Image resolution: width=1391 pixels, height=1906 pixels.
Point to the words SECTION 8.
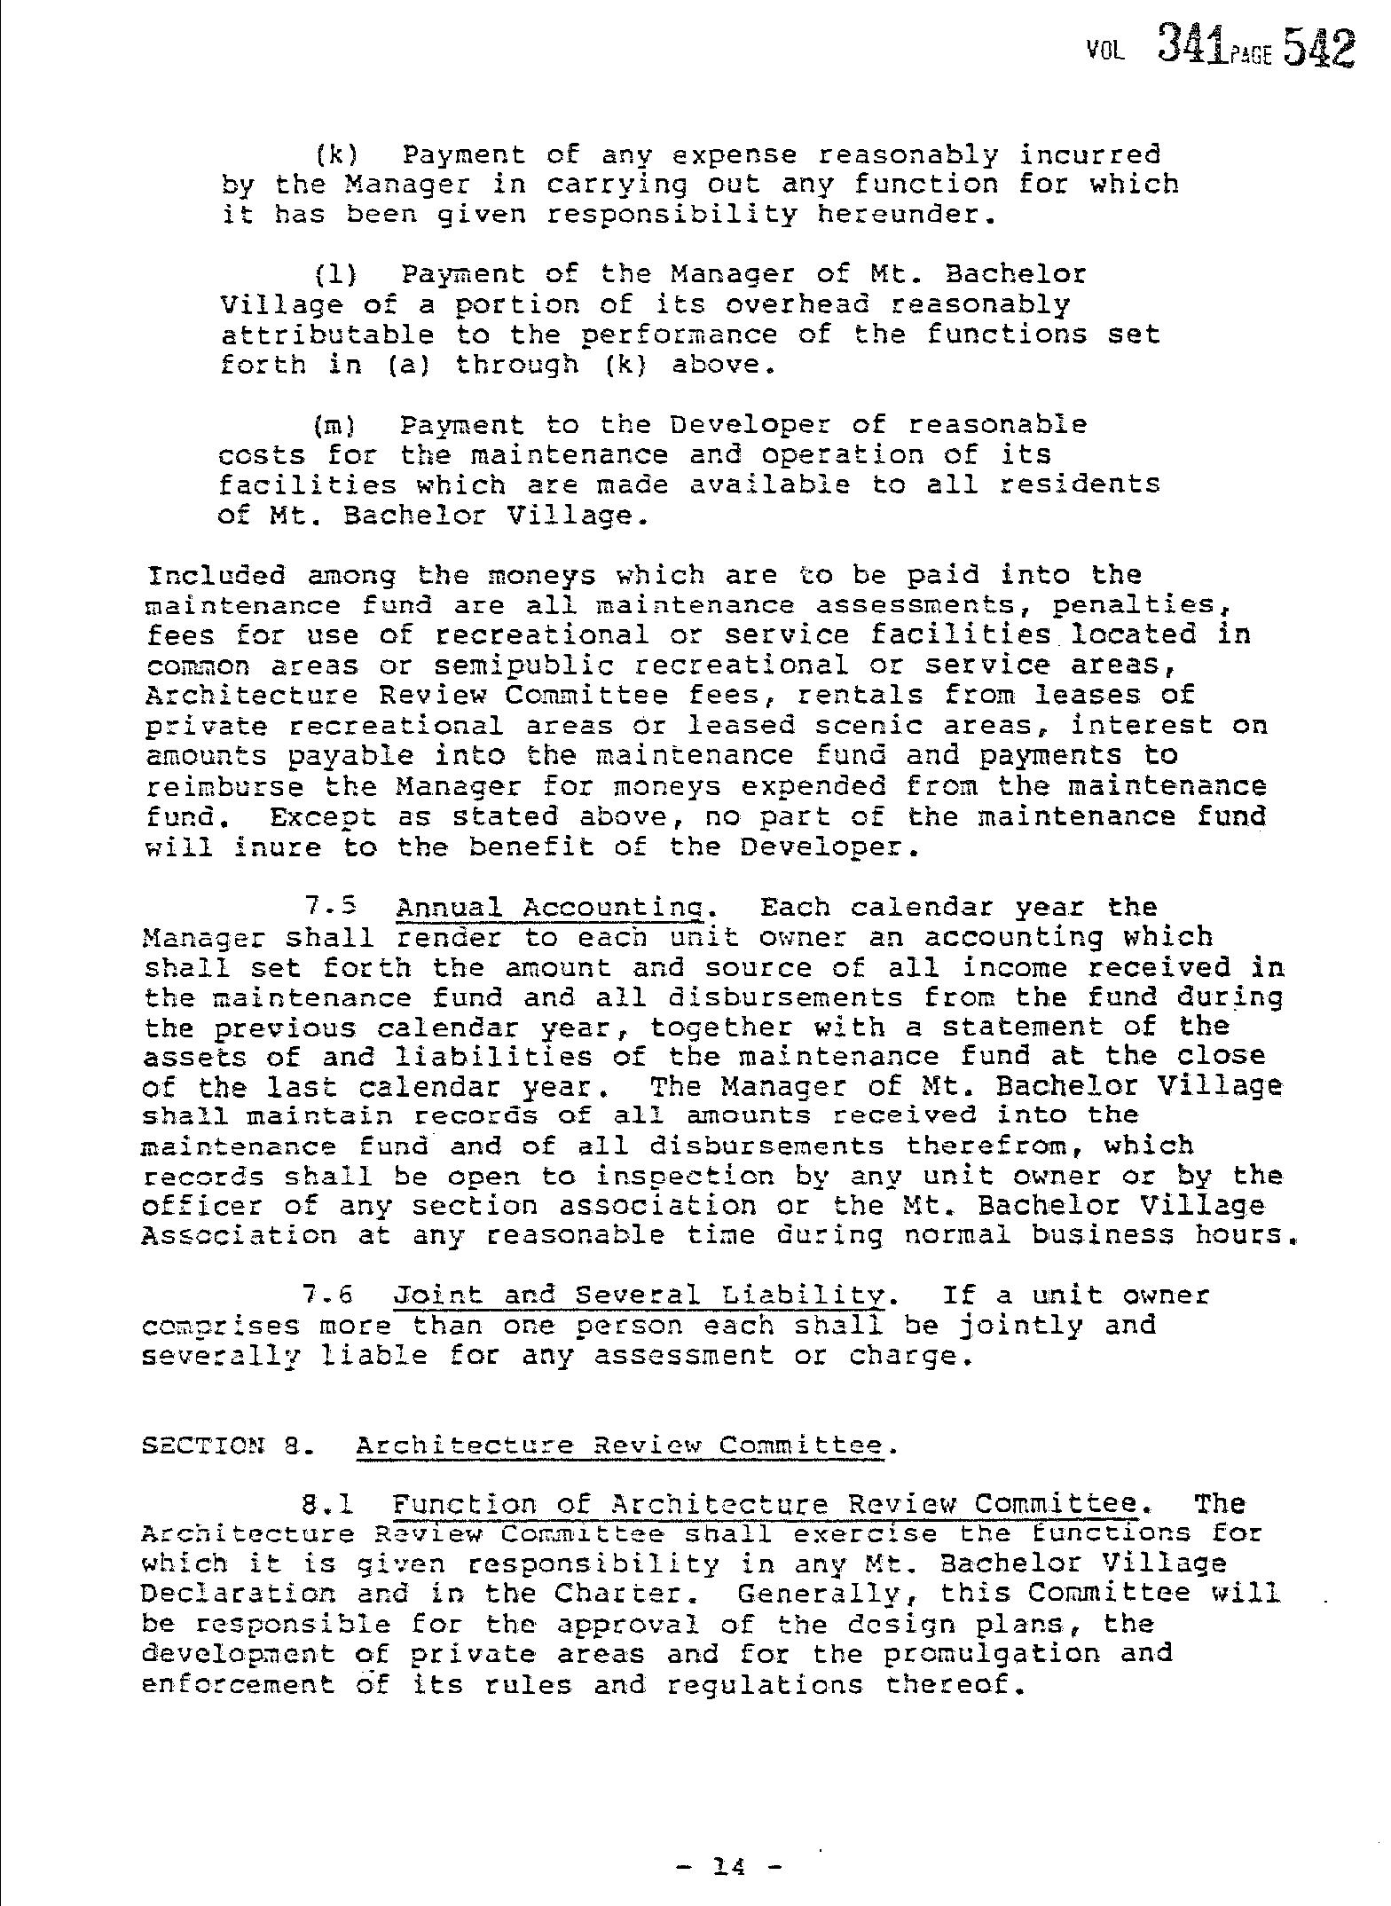pyautogui.click(x=224, y=1445)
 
